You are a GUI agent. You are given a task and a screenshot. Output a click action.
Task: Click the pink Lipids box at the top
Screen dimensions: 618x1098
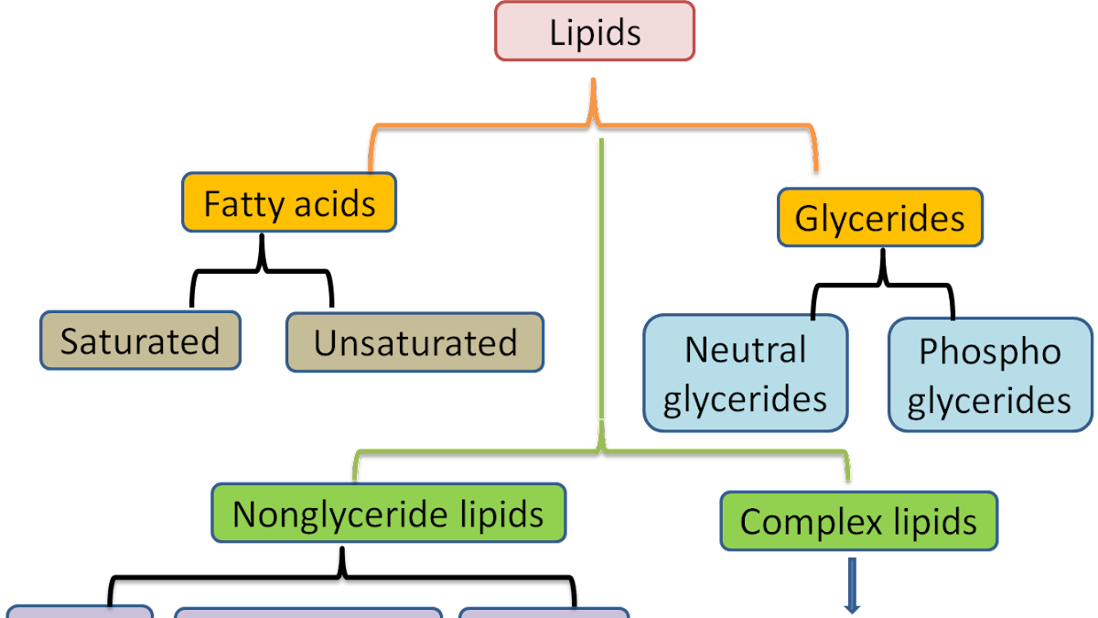tap(595, 32)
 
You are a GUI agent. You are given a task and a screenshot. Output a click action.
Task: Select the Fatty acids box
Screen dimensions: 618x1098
tap(289, 202)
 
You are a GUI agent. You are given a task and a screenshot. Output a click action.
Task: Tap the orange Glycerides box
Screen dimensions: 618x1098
tap(880, 218)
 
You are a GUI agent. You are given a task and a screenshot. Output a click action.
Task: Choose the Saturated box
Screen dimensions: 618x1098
tap(140, 341)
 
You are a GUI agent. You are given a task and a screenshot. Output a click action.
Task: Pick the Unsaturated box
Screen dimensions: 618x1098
tap(414, 342)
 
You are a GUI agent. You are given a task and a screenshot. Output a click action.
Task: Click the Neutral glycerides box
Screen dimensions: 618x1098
tap(745, 374)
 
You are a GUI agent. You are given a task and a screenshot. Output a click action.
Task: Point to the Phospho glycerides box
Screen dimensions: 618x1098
tap(990, 374)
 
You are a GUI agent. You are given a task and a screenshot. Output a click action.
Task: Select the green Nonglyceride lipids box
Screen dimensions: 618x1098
tap(388, 513)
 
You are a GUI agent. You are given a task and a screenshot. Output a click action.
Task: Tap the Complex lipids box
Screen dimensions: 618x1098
tap(858, 521)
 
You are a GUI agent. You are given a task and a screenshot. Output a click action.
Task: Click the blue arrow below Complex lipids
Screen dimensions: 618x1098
tap(853, 586)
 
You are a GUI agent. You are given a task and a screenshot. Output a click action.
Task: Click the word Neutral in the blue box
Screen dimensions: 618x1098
tap(745, 350)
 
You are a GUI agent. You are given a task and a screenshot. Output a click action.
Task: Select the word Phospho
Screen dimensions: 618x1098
tap(990, 351)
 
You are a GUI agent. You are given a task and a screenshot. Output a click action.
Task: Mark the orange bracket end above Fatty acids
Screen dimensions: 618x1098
tap(371, 168)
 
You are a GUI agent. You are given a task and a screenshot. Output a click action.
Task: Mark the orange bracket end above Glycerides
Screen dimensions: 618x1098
tap(815, 168)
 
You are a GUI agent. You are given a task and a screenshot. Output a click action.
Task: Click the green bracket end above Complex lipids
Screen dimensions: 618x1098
tap(848, 477)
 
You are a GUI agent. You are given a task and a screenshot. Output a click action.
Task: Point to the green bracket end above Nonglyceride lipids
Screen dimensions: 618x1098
tap(356, 477)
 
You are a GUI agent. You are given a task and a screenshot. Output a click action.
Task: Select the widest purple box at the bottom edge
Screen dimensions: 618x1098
tap(307, 612)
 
